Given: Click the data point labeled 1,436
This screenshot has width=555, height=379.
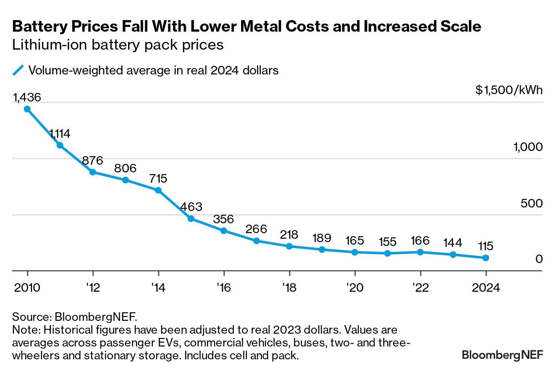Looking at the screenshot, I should pyautogui.click(x=27, y=109).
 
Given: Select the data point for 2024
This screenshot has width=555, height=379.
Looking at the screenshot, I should pyautogui.click(x=486, y=258).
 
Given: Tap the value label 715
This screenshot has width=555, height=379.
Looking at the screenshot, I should pyautogui.click(x=158, y=178).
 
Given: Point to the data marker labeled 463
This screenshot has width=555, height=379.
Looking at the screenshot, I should pyautogui.click(x=191, y=219).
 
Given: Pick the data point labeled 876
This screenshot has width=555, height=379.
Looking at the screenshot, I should pyautogui.click(x=93, y=172).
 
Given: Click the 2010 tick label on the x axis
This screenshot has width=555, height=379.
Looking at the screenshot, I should pyautogui.click(x=27, y=287).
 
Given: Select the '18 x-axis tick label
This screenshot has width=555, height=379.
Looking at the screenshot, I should pyautogui.click(x=289, y=287).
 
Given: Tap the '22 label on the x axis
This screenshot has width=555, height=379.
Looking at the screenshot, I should pyautogui.click(x=420, y=287).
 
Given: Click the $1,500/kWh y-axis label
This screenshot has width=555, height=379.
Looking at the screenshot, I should pyautogui.click(x=509, y=91).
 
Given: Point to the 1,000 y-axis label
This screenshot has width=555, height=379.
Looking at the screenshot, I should pyautogui.click(x=528, y=147).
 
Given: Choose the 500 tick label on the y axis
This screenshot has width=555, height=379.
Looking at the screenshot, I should pyautogui.click(x=531, y=203).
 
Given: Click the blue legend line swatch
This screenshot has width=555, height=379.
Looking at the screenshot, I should pyautogui.click(x=18, y=70).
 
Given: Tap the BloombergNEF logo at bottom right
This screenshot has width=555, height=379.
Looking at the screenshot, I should pyautogui.click(x=502, y=355).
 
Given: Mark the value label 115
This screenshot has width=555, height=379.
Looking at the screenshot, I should pyautogui.click(x=485, y=246).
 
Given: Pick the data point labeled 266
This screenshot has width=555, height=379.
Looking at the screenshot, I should pyautogui.click(x=257, y=241).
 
